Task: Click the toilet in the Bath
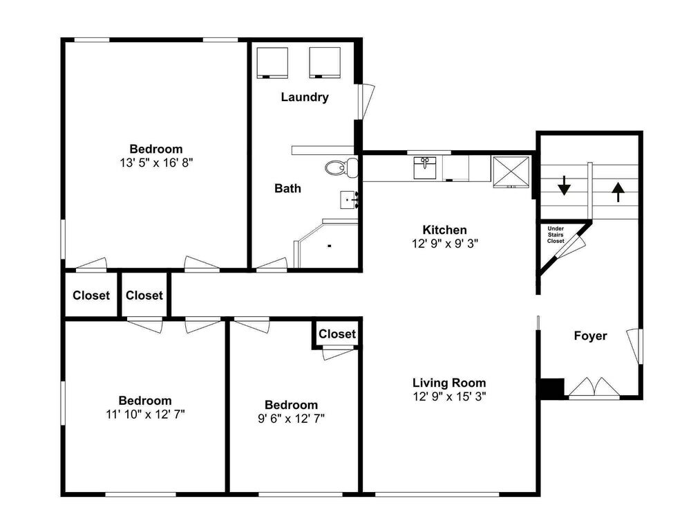coord(342,167)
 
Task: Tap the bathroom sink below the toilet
coord(348,200)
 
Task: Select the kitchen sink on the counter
coord(424,167)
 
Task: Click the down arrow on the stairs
coord(564,185)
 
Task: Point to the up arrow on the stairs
coord(618,192)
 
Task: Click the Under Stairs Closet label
coord(556,235)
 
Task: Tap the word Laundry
coord(305,97)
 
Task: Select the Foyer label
coord(591,336)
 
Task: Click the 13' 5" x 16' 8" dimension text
coord(156,163)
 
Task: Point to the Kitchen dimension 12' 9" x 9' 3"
coord(444,243)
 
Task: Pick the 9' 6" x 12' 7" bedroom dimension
coord(292,418)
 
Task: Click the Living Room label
coord(449,383)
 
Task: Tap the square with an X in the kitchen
coord(511,171)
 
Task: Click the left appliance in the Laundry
coord(272,63)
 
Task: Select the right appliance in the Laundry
coord(325,63)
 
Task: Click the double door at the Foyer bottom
coord(594,388)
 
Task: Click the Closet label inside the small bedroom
coord(337,334)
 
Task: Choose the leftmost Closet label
coord(91,295)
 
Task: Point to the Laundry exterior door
coord(366,102)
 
